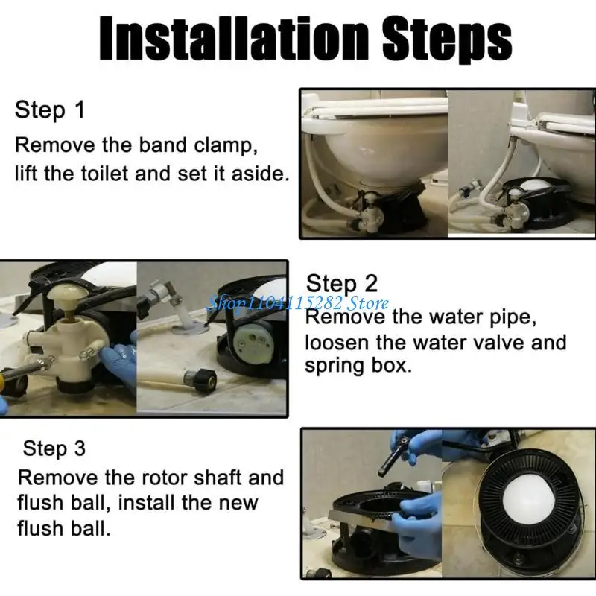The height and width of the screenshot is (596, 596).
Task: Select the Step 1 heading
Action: (50, 110)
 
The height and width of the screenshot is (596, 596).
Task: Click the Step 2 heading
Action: (342, 284)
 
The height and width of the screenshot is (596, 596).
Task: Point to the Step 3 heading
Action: (54, 448)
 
